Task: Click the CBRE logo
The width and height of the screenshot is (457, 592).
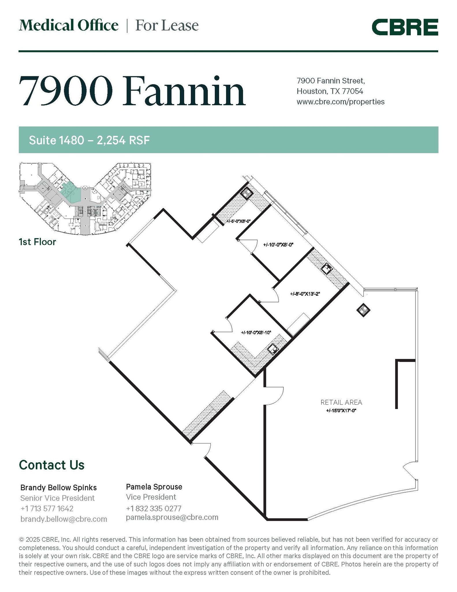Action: (x=404, y=27)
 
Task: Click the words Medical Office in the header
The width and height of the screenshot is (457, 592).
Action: (x=68, y=25)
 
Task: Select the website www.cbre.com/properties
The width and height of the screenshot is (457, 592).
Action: (x=340, y=102)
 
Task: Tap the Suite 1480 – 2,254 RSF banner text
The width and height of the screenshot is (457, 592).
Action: (x=89, y=140)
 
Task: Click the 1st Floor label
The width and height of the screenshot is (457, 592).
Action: (x=37, y=242)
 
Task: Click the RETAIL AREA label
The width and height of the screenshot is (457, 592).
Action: (x=341, y=402)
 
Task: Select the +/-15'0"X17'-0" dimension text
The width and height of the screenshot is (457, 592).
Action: (x=341, y=410)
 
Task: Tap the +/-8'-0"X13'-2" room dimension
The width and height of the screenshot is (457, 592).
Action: (x=305, y=294)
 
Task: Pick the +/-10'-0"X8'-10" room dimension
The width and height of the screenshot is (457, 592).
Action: (x=256, y=332)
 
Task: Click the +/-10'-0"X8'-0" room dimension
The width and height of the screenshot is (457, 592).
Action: (x=278, y=245)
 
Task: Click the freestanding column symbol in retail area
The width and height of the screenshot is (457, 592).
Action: (x=363, y=310)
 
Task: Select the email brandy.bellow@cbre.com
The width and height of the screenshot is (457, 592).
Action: (x=64, y=519)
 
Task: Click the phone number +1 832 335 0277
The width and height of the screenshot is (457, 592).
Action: (x=154, y=508)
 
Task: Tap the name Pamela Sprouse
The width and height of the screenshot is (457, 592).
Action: (x=154, y=487)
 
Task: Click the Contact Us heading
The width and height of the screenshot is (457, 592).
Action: (x=52, y=465)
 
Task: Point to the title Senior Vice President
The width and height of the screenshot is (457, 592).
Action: (x=57, y=498)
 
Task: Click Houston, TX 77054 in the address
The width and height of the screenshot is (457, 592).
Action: (x=330, y=91)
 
